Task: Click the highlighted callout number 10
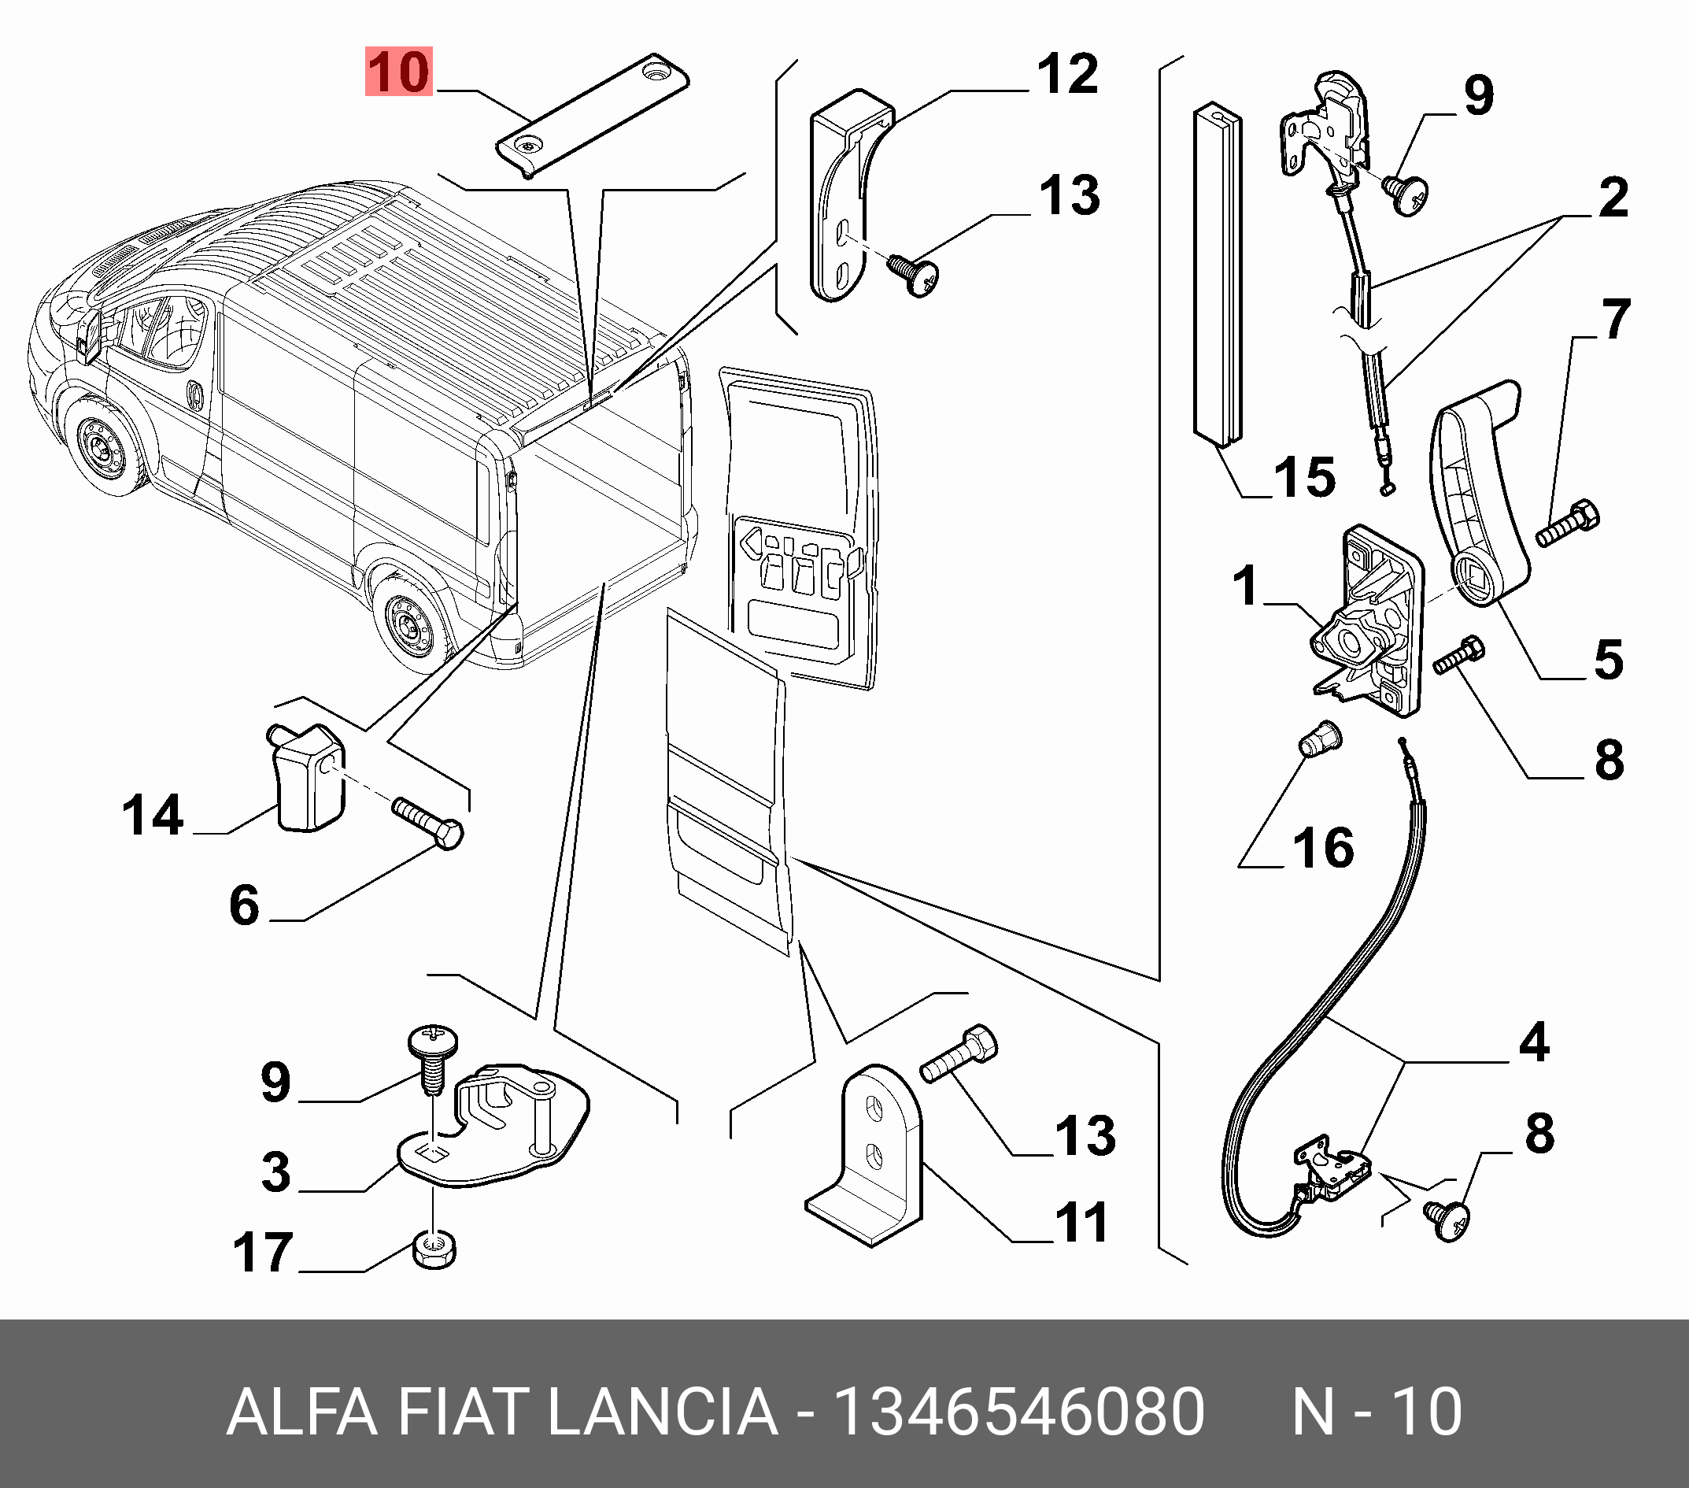coord(399,72)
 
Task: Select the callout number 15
coord(1304,477)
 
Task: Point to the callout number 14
coord(153,815)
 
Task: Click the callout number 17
coord(263,1253)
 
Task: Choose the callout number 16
coord(1324,848)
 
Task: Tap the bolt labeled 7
coord(1568,524)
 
